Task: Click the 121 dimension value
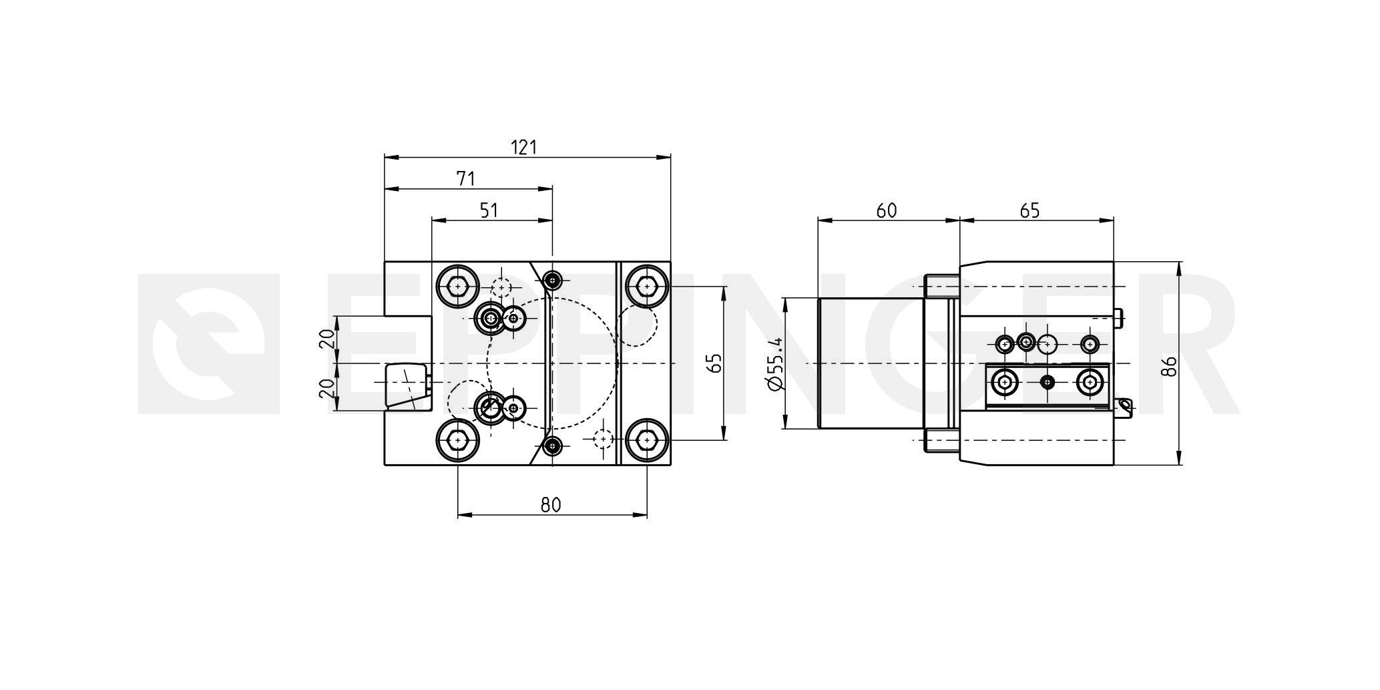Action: [x=524, y=147]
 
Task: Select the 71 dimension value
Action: [x=465, y=179]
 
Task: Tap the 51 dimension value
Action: [x=489, y=210]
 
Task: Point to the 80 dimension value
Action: [x=551, y=505]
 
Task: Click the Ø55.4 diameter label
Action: [x=775, y=364]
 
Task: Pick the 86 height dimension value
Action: [x=1168, y=366]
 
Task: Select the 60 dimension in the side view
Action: [x=887, y=210]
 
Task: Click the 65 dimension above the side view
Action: [x=1030, y=210]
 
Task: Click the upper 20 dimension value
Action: [x=326, y=339]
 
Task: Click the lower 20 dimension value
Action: [x=326, y=389]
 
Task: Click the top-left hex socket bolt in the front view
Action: [x=457, y=287]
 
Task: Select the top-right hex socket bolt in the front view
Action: [x=646, y=287]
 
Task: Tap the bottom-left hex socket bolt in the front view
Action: [x=457, y=440]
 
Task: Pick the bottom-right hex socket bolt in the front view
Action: [x=646, y=440]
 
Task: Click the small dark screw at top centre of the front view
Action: [x=552, y=281]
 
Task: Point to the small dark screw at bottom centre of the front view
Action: [x=552, y=446]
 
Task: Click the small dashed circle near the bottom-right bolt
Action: [x=603, y=439]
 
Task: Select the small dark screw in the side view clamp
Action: [x=1048, y=382]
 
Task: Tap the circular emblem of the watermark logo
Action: [x=208, y=344]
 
